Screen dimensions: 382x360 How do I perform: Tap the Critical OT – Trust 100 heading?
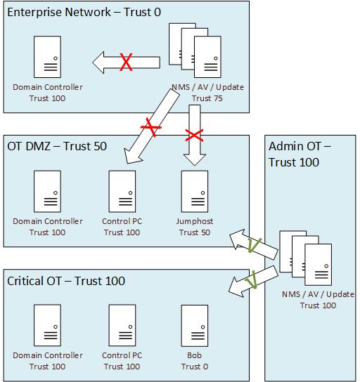click(66, 281)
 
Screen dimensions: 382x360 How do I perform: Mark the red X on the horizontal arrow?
click(127, 62)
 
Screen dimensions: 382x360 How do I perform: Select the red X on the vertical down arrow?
click(194, 133)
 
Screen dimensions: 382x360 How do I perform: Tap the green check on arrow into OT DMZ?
click(255, 244)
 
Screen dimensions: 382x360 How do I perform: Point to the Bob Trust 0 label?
click(194, 361)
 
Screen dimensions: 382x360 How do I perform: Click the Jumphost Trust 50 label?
click(194, 227)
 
